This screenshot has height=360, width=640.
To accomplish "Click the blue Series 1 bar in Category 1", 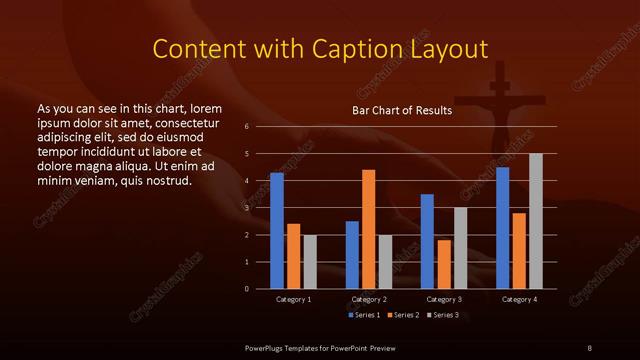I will tap(277, 231).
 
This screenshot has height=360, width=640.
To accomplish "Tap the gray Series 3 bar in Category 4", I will tap(535, 221).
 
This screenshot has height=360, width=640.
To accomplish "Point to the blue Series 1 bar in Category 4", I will tap(502, 228).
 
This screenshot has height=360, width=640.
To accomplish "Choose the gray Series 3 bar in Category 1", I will tap(310, 262).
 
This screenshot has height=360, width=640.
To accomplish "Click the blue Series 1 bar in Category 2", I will tap(352, 255).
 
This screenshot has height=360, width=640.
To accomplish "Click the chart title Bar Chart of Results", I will tap(402, 110).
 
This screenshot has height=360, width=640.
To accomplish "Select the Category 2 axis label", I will tap(369, 299).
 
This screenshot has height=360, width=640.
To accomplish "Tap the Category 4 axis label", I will tap(519, 299).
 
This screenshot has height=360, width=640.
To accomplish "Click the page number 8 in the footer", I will tap(590, 347).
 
